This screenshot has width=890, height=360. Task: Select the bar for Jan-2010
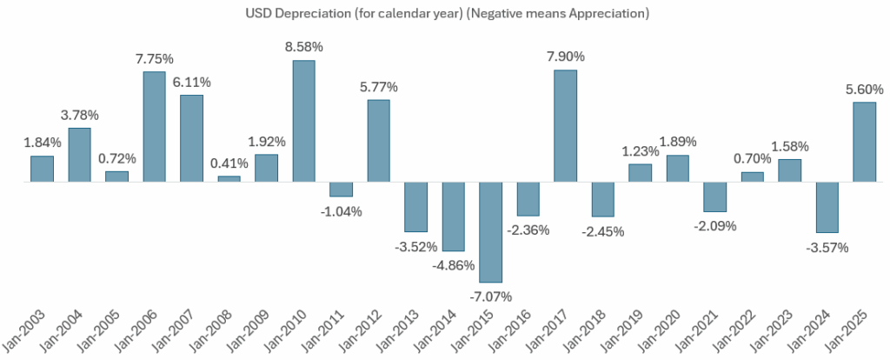[x=303, y=121]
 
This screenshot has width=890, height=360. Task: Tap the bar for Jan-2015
[x=491, y=232]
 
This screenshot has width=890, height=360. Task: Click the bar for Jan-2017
[x=565, y=126]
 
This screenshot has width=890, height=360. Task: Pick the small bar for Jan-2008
[x=229, y=179]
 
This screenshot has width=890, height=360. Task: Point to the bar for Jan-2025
[x=864, y=142]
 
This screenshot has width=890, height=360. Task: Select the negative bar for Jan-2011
[x=342, y=190]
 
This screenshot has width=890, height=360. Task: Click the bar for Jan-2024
[x=827, y=207]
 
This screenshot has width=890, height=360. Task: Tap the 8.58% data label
[x=303, y=48]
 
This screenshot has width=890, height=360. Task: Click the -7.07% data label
[x=491, y=297]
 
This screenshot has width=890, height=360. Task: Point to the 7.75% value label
[x=155, y=58]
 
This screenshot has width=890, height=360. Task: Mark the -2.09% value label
[x=714, y=226]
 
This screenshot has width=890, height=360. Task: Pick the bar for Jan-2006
[x=155, y=127]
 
